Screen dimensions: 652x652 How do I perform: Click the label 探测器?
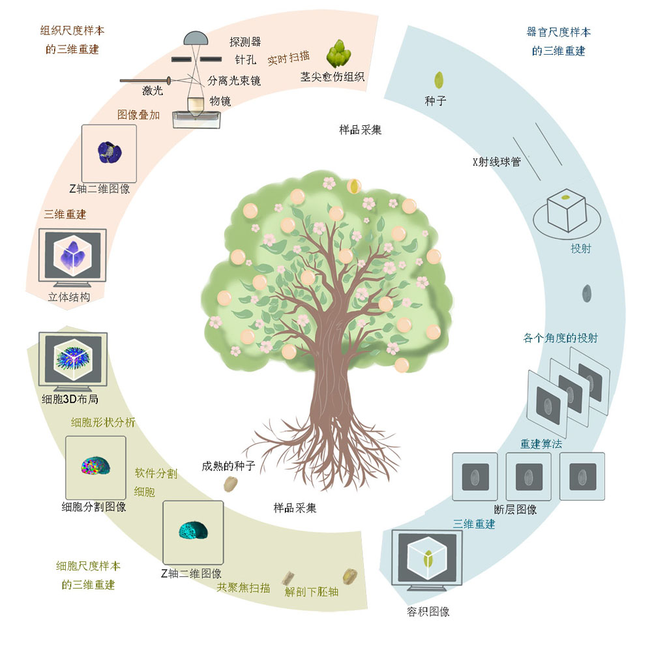(245, 42)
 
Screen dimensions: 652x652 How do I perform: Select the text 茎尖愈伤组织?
(332, 77)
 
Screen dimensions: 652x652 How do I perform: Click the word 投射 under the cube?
(580, 248)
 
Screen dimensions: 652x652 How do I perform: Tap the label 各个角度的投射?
(560, 338)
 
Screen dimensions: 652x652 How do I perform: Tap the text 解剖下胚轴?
(312, 592)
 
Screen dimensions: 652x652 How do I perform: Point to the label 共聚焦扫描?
(243, 587)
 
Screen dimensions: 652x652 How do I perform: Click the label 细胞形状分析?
(103, 422)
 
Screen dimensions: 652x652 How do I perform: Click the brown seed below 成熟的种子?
(231, 484)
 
